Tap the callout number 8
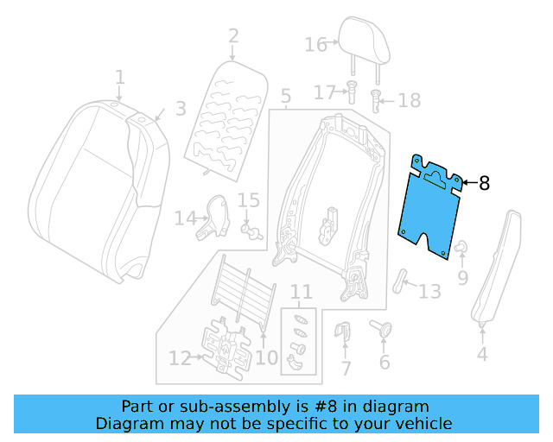click(483, 183)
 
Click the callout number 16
click(315, 44)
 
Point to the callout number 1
click(120, 78)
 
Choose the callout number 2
click(232, 35)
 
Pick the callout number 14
click(185, 218)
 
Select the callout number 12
click(180, 358)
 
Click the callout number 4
click(481, 353)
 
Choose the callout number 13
click(429, 291)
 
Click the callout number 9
click(462, 277)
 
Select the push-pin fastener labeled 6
click(382, 329)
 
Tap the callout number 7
click(346, 369)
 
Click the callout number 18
click(409, 101)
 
